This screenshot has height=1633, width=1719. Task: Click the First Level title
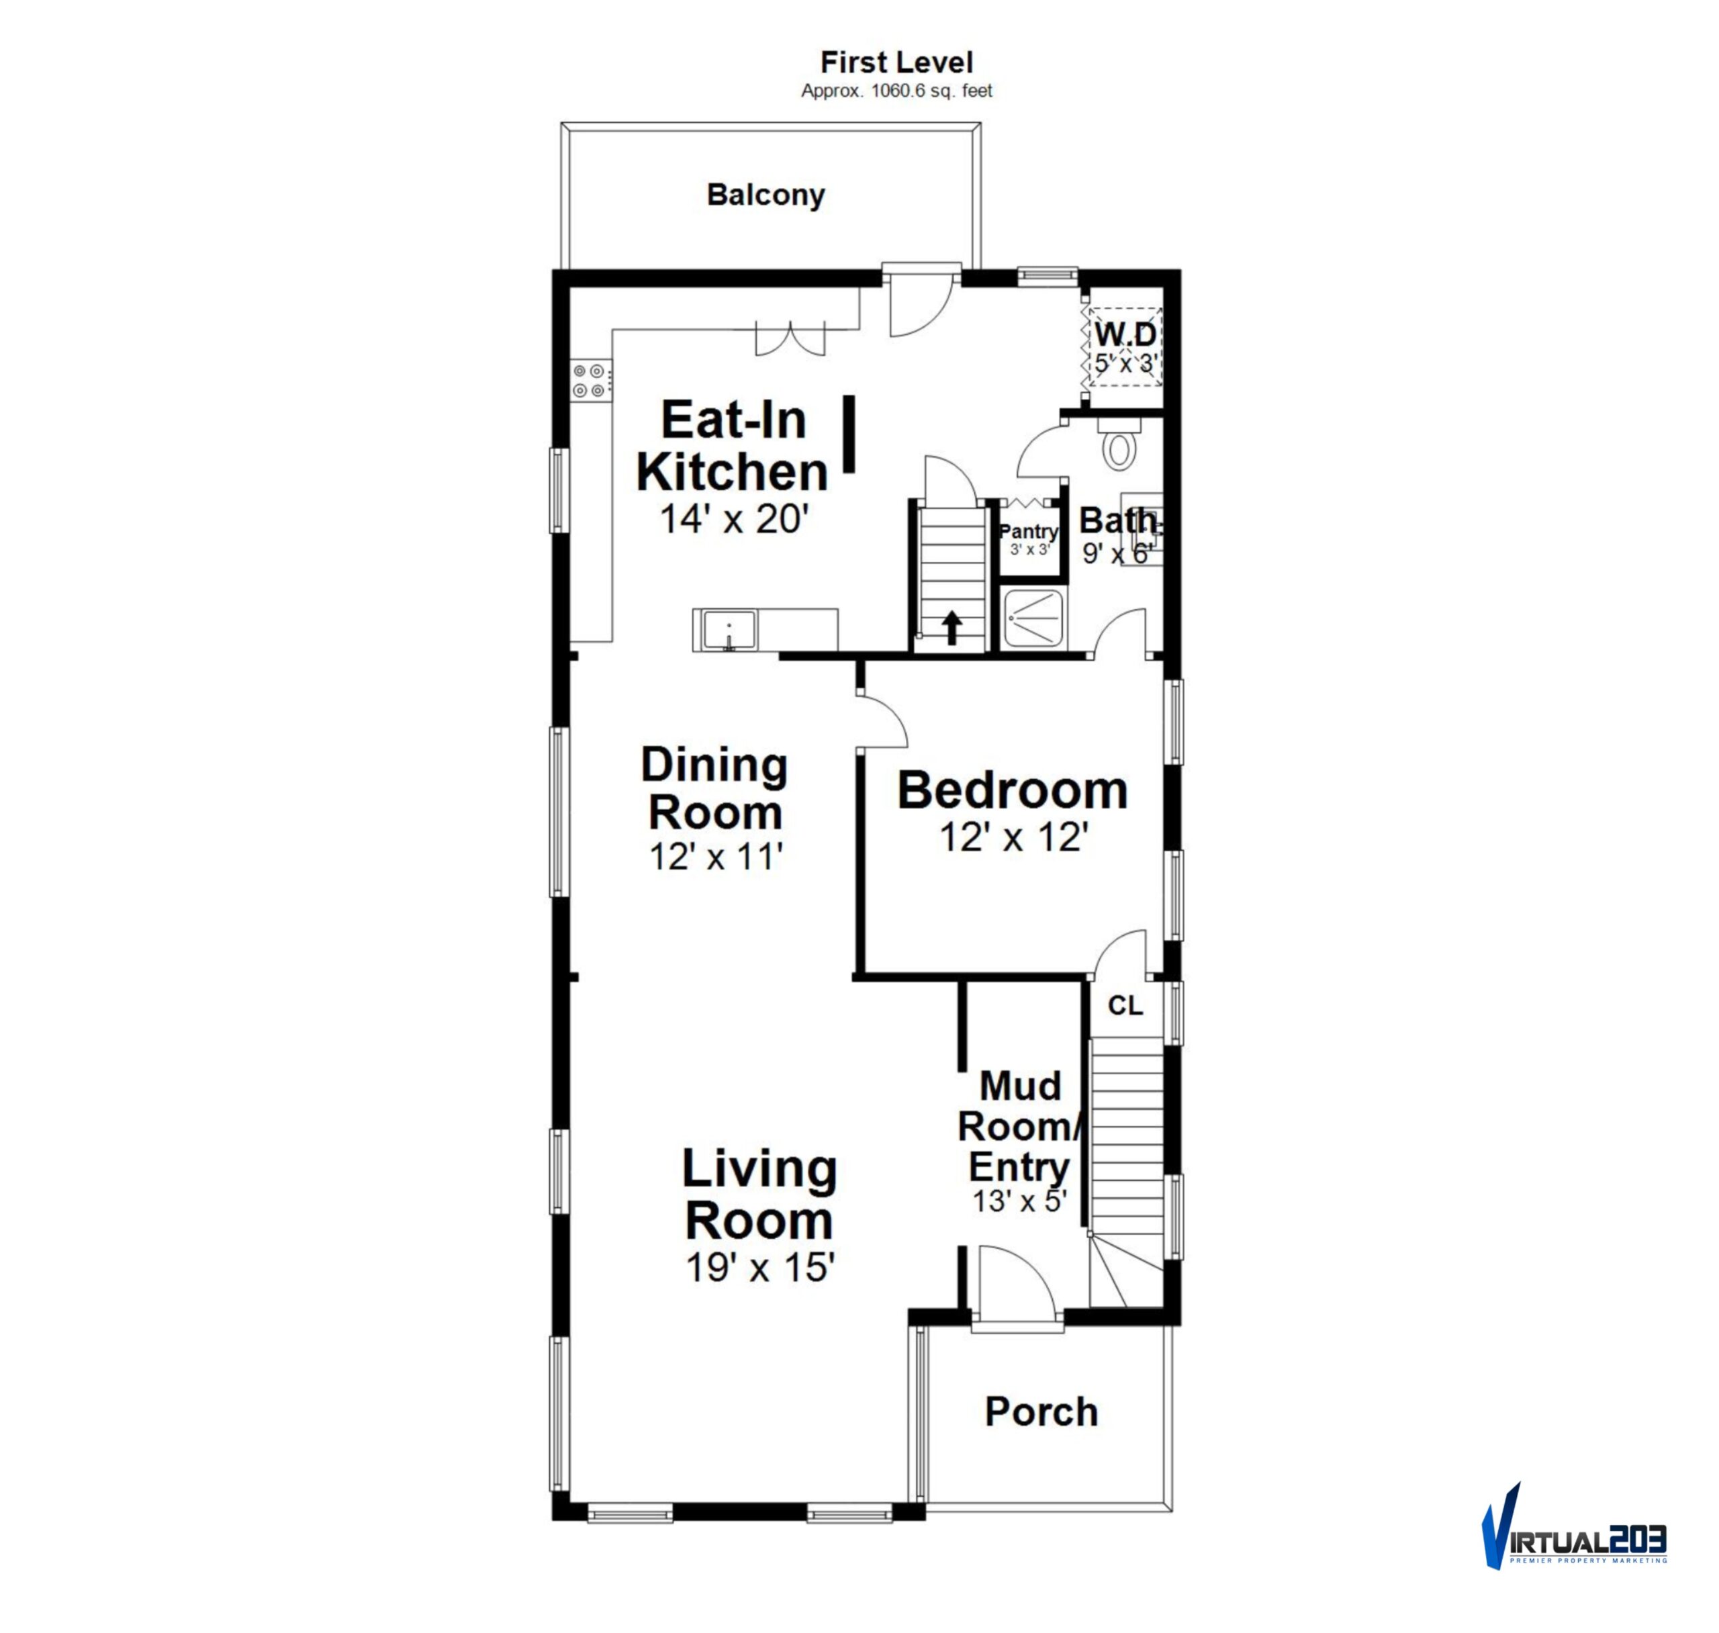click(x=896, y=62)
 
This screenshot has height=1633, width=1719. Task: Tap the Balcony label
click(x=766, y=194)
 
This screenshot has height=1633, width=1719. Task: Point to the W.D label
click(x=1125, y=334)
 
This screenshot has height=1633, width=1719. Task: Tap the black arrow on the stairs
click(x=953, y=628)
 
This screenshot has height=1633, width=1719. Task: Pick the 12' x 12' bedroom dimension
click(x=1014, y=837)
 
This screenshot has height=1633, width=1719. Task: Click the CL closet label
click(x=1125, y=1007)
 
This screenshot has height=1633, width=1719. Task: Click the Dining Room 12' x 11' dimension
click(x=715, y=857)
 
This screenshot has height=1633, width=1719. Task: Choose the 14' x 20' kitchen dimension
click(x=735, y=520)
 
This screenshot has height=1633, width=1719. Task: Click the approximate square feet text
click(x=896, y=91)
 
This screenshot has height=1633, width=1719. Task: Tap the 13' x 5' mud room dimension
click(x=1019, y=1201)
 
